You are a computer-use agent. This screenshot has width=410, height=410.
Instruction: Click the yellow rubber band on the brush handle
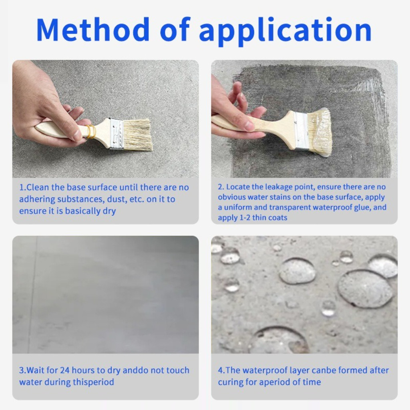coord(91,132)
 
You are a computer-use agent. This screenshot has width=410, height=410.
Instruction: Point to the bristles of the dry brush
coord(138,135)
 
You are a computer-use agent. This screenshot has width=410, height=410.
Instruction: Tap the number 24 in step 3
coord(65,370)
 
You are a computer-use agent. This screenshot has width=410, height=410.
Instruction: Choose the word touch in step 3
coord(177,370)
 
